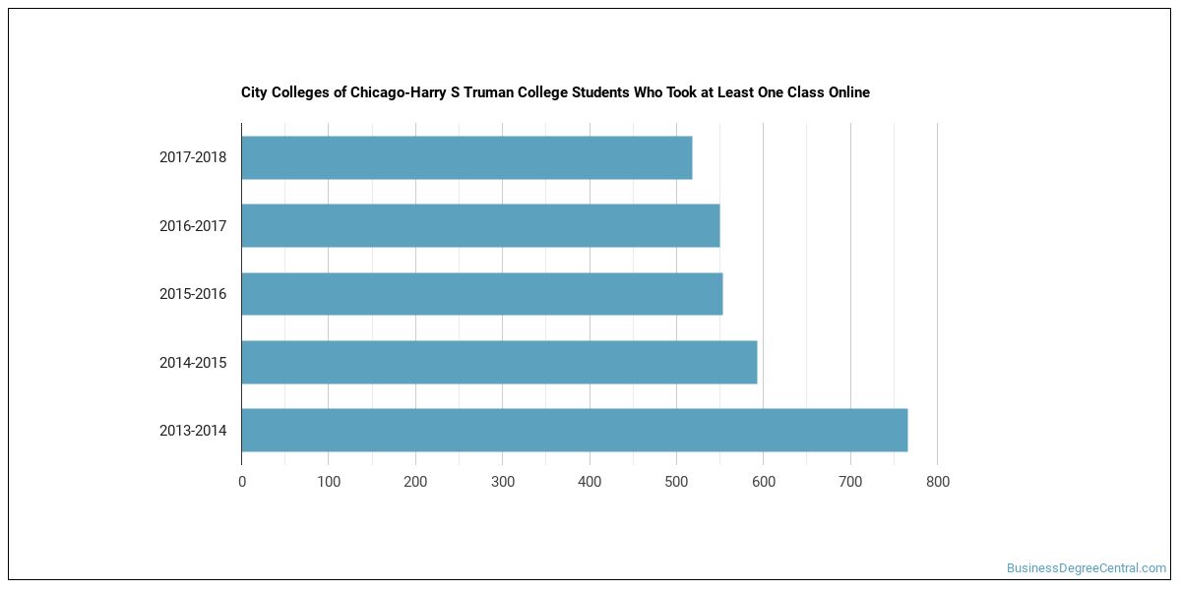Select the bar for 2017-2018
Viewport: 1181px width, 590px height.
[x=467, y=157]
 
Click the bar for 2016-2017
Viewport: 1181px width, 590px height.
[x=481, y=225]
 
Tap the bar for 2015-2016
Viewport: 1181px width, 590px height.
[x=482, y=294]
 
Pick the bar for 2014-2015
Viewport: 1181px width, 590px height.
[x=500, y=362]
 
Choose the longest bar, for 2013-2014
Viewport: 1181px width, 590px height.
[x=575, y=430]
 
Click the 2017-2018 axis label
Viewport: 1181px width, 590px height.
[x=193, y=157]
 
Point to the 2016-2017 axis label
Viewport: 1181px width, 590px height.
[x=193, y=226]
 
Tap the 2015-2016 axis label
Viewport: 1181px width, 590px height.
[x=193, y=294]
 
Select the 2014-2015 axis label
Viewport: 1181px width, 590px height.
[x=193, y=363]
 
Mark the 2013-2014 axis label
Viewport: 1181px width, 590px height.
[x=193, y=431]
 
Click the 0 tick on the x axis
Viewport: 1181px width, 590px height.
[x=242, y=482]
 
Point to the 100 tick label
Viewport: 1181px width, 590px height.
[x=329, y=482]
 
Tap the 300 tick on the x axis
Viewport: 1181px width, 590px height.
[x=503, y=482]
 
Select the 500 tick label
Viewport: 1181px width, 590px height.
[x=676, y=482]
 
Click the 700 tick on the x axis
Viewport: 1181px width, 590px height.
[x=850, y=482]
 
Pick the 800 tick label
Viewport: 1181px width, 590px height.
[x=937, y=482]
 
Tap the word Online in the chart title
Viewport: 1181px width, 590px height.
[x=848, y=92]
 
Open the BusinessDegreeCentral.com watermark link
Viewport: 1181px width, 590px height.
[x=1087, y=568]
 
